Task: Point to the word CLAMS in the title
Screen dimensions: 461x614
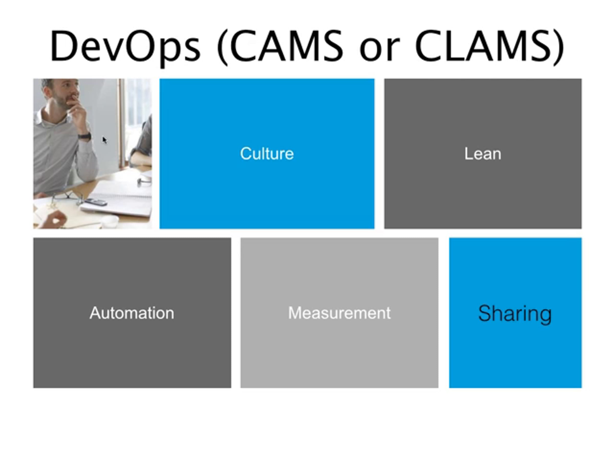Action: (483, 46)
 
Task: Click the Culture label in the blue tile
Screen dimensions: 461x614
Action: (267, 154)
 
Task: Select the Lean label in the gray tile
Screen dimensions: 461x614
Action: (483, 154)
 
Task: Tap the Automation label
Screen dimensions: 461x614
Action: (132, 313)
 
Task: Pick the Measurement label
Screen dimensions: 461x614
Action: (339, 313)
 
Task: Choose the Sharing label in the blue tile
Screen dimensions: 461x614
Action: (515, 314)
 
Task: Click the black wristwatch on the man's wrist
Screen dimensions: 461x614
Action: (84, 136)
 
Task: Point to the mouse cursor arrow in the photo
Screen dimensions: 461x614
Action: (104, 140)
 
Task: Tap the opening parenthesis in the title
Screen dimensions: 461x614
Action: (222, 47)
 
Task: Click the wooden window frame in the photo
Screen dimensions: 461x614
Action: (121, 122)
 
